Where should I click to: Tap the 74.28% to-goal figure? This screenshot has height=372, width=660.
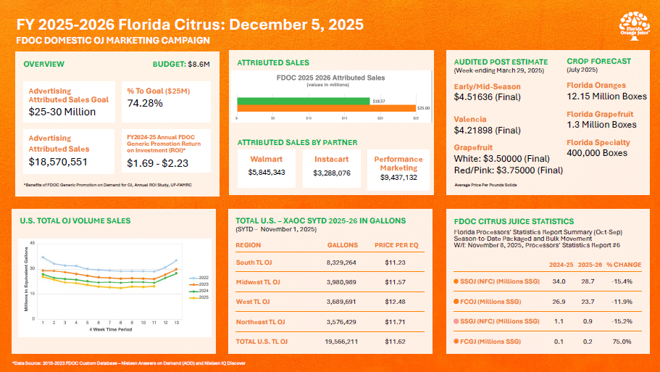pos(144,104)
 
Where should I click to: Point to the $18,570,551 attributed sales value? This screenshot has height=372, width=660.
pos(58,162)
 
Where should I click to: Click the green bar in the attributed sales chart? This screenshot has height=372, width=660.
pos(304,100)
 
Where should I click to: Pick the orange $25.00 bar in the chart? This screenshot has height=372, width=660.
pos(327,107)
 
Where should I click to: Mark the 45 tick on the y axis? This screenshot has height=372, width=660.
pos(31,243)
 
